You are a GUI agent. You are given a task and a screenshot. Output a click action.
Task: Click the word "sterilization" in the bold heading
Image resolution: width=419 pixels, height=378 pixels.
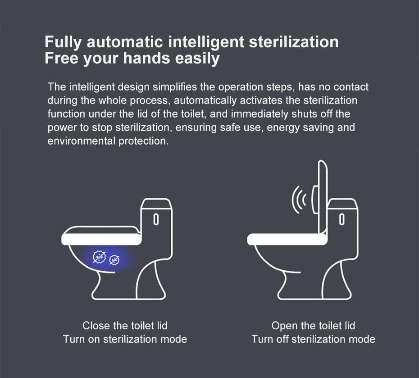pos(293,42)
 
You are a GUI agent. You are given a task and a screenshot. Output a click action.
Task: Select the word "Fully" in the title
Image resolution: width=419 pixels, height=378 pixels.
pos(64,42)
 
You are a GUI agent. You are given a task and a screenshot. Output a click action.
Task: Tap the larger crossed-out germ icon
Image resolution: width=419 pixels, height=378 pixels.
pos(99,257)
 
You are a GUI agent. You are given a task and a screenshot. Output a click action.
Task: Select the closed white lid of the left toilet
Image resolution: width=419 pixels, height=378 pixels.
pos(101,239)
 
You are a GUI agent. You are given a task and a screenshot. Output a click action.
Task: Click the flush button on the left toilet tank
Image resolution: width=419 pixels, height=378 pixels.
pos(156,219)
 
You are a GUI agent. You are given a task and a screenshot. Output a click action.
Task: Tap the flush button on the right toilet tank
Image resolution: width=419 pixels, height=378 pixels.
pos(342,219)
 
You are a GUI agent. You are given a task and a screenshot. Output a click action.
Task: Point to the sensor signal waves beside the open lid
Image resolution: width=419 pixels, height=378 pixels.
pos(299,199)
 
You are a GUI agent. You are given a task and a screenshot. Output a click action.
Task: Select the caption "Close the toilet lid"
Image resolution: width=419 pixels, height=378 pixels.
pos(125,326)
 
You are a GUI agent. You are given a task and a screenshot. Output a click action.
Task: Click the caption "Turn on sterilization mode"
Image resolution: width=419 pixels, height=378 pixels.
pos(125,339)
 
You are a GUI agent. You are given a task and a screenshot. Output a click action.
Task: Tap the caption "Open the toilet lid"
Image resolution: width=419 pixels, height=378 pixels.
pos(313,326)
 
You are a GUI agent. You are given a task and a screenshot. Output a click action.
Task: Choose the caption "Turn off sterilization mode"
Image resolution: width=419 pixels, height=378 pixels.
pos(313,339)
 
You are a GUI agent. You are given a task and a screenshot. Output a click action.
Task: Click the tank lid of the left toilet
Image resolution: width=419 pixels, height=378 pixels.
pos(157,204)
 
